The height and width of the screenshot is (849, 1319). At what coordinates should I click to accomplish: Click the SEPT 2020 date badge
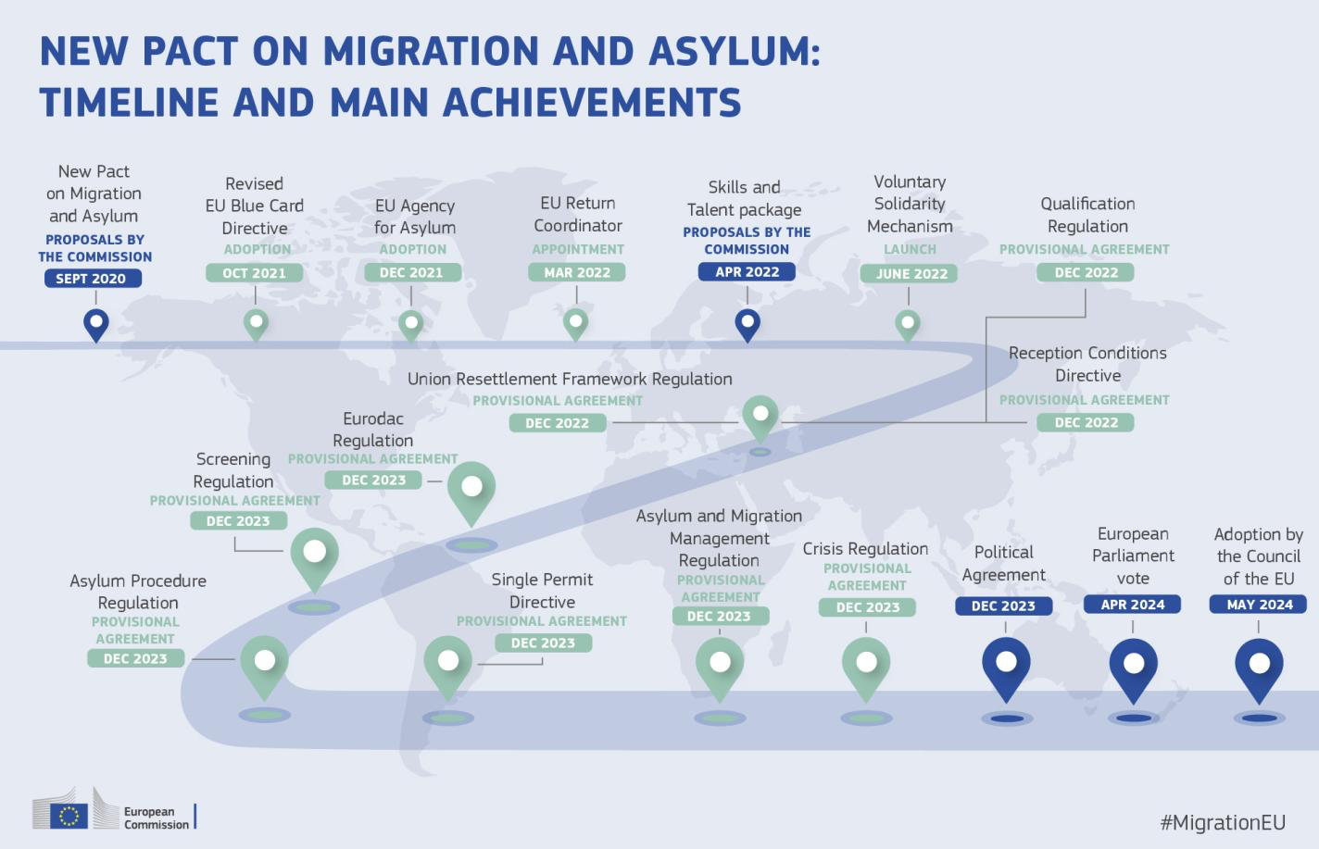92,279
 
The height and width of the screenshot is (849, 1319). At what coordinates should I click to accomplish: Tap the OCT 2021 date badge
255,273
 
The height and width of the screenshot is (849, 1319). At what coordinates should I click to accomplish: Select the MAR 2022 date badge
577,272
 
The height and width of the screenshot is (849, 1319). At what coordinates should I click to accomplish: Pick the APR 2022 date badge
747,272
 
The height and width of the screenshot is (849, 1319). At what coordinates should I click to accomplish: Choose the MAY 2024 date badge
1259,605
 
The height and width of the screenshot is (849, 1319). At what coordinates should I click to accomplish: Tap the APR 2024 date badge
1133,605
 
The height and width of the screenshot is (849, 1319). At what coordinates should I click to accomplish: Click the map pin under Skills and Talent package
747,324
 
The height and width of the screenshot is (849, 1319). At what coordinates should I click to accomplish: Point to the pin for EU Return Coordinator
576,323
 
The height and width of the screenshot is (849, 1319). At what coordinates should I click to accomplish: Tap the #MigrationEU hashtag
1223,822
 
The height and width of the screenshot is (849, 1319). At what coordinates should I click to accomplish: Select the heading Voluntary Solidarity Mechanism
910,204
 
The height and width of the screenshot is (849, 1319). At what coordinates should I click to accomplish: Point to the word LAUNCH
910,249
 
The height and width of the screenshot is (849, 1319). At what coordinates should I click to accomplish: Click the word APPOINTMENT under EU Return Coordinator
578,249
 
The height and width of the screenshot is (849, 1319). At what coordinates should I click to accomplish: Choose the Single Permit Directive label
542,591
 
